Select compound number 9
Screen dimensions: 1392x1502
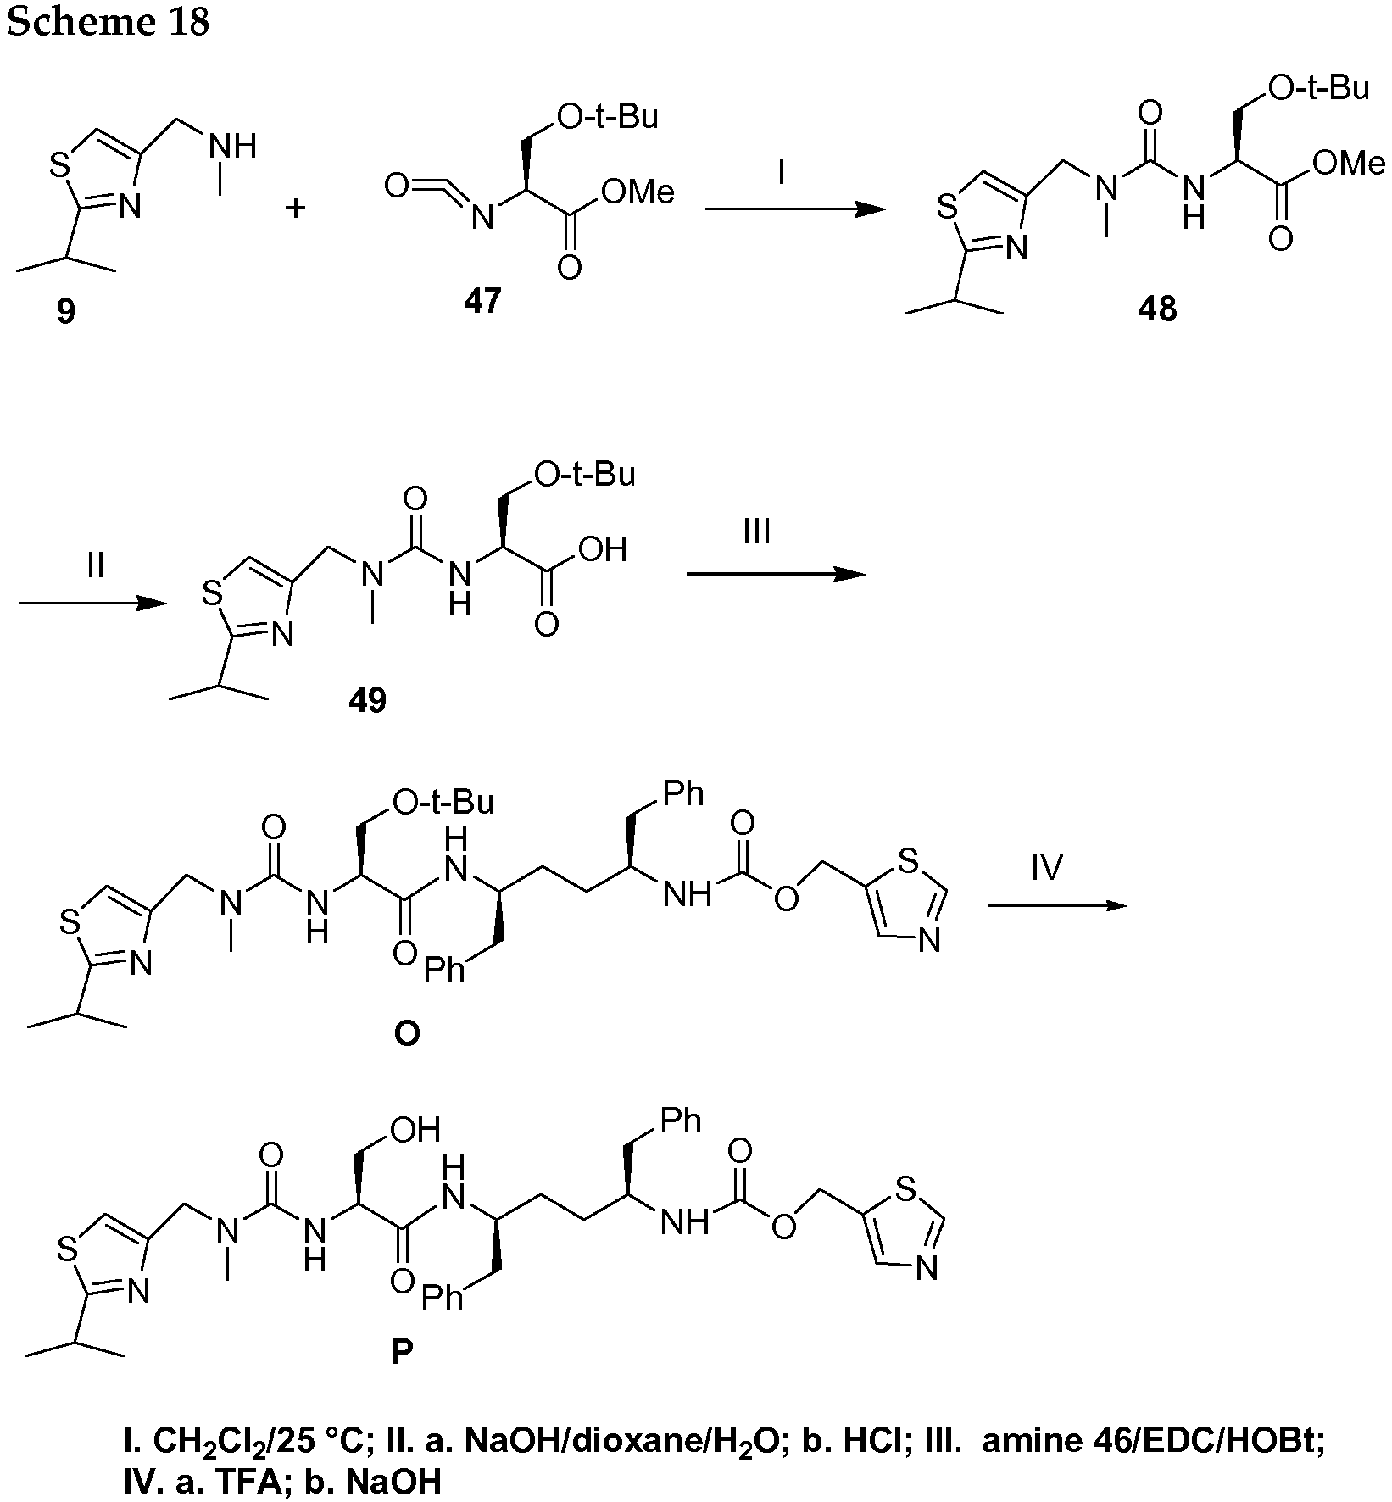[66, 311]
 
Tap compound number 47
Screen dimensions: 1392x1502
[482, 300]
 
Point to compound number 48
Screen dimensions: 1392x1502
[1157, 309]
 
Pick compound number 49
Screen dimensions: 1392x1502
[368, 700]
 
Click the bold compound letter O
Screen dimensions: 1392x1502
[407, 1034]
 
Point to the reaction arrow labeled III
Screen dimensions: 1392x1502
[776, 574]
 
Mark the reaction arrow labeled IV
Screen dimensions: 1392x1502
[1057, 906]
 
